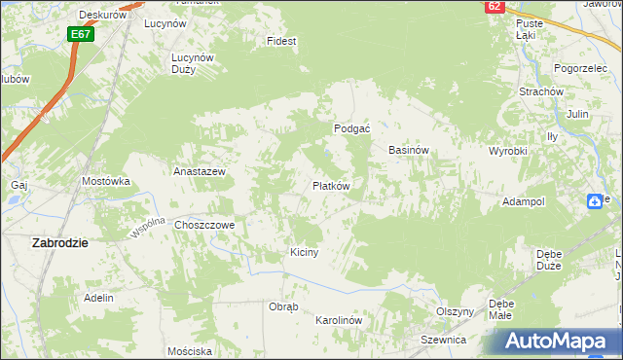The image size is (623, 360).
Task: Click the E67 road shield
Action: click(x=81, y=34)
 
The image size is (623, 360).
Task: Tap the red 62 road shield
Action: click(x=495, y=6)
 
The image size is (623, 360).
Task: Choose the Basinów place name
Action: click(x=409, y=151)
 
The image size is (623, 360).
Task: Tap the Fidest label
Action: click(x=281, y=42)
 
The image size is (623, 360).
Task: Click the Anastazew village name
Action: click(x=200, y=171)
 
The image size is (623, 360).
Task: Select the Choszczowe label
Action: click(x=204, y=225)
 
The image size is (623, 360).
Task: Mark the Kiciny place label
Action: click(x=305, y=252)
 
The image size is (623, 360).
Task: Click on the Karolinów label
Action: click(x=339, y=320)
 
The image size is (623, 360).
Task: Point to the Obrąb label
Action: click(x=283, y=306)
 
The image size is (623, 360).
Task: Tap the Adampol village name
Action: click(x=523, y=200)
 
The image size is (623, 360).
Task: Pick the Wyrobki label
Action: click(x=507, y=151)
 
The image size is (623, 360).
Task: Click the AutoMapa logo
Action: click(x=558, y=342)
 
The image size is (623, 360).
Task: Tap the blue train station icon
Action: click(x=595, y=200)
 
